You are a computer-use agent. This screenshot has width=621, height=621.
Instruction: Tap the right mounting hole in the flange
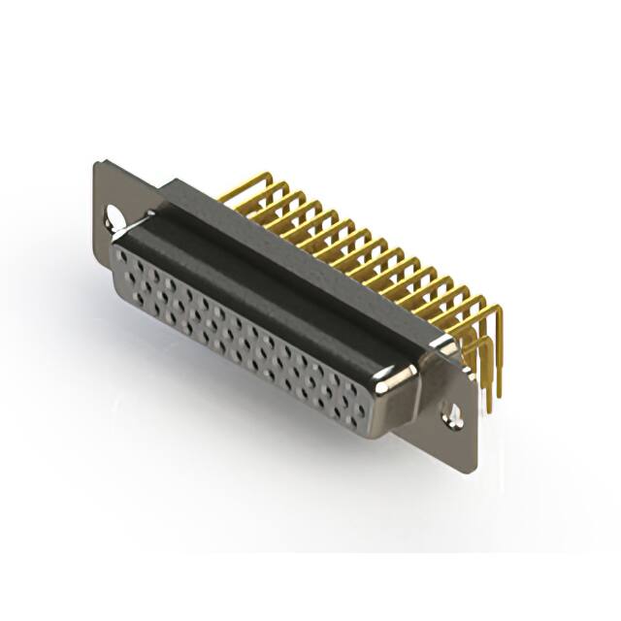click(x=453, y=414)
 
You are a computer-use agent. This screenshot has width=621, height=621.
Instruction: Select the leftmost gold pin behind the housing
click(x=230, y=193)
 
